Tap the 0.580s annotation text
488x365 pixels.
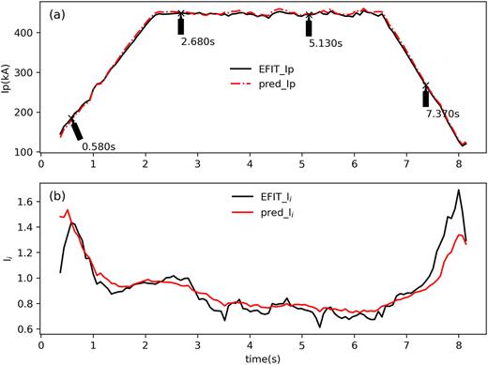pos(99,145)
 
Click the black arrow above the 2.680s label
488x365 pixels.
pos(180,25)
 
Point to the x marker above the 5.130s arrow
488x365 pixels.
pos(310,15)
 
